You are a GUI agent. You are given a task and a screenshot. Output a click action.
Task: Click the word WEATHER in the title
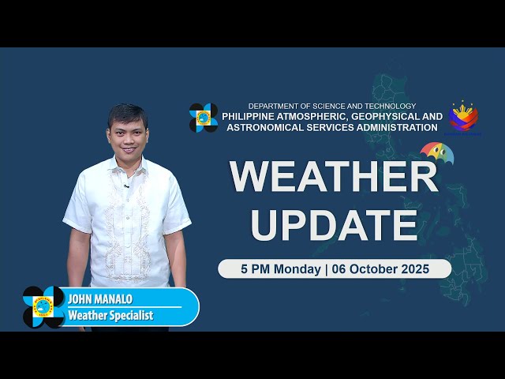[334, 177]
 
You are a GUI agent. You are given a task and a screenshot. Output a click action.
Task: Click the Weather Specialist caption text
[110, 316]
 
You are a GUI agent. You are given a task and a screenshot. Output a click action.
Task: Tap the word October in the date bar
[372, 269]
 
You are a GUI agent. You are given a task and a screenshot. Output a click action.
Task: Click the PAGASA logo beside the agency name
[204, 118]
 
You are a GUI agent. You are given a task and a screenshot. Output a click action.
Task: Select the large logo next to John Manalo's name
[43, 306]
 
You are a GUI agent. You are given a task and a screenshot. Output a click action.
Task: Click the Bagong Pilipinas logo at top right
[463, 117]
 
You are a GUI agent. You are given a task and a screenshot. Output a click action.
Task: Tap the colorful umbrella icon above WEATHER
[436, 151]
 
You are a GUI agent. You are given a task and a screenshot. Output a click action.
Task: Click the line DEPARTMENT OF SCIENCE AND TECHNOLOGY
[331, 106]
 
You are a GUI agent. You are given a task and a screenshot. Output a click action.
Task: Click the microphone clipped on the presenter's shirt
[126, 186]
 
